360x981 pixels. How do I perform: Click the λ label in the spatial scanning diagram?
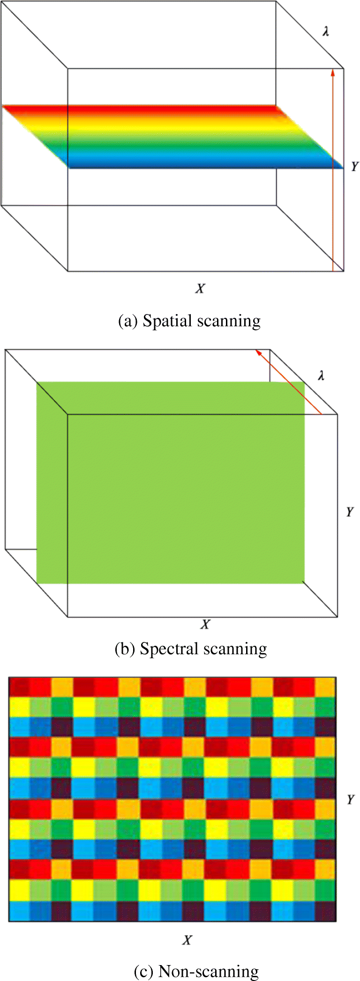coord(326,31)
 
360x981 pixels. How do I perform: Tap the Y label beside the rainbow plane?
coord(354,166)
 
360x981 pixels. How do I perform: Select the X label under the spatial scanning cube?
coord(200,288)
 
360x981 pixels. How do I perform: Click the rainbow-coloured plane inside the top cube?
coord(173,136)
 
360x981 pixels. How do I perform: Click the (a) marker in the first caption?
coord(127,321)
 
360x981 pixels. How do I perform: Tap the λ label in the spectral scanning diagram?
coord(321,375)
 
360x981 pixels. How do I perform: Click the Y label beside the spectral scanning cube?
coord(350,511)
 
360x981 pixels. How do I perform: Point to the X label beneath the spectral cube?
coord(205,624)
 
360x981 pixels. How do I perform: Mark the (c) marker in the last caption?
coord(143,972)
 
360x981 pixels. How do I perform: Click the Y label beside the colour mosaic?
coord(351,799)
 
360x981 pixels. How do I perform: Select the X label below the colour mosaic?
coord(187,940)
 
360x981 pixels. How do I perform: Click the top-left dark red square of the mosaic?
coord(19,687)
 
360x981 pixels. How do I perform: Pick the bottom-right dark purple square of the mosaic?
coord(325,911)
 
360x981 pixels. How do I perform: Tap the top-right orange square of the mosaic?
coord(325,687)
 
